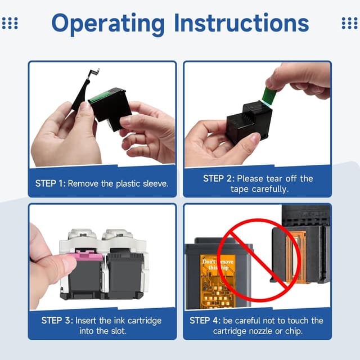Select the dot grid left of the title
point(10,23)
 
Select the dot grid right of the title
point(350,23)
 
